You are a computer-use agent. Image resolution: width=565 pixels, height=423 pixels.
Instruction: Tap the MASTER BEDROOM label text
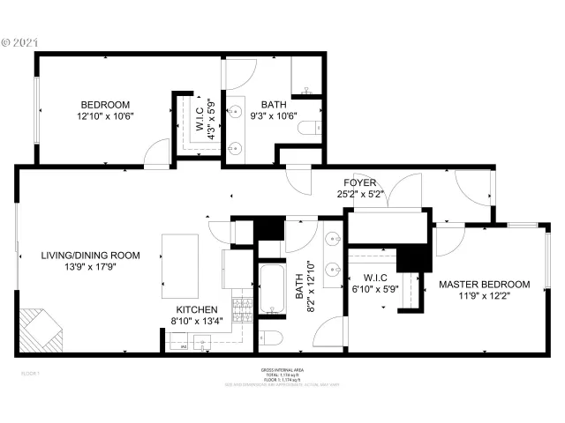tap(484, 285)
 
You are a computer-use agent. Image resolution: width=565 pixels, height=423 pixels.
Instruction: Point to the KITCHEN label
tap(198, 310)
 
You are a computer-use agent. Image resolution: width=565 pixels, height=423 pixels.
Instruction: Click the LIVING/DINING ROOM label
tap(90, 256)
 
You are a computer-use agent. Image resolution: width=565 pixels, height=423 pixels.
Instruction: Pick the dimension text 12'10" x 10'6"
tap(104, 115)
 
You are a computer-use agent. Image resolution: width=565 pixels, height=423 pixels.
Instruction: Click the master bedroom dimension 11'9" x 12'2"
tap(484, 297)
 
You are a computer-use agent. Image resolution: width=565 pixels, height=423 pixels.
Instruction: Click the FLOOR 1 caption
tap(30, 374)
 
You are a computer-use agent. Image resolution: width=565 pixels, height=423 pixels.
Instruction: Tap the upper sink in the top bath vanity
tap(236, 112)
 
